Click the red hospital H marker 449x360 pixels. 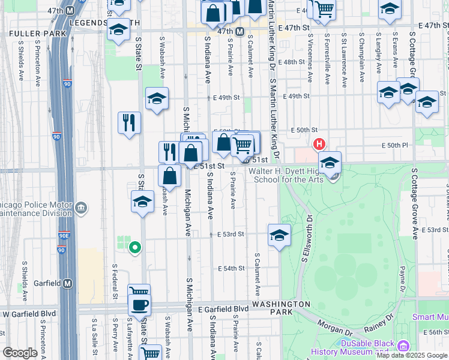click(319, 144)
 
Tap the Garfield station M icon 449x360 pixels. click(68, 283)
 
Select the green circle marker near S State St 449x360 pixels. click(136, 247)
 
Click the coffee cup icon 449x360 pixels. click(140, 304)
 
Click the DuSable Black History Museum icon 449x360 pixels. click(403, 346)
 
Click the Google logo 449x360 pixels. click(20, 353)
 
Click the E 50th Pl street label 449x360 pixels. click(394, 145)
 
